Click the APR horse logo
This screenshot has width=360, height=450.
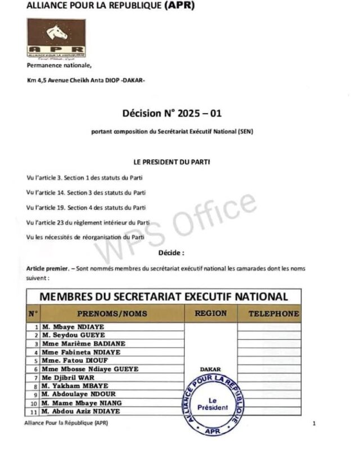click(56, 38)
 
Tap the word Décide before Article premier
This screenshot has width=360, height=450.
click(172, 253)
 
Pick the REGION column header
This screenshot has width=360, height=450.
click(210, 313)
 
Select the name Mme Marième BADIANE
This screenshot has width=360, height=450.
click(79, 344)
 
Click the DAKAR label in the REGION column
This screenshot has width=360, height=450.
click(210, 370)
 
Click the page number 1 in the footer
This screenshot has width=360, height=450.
click(314, 423)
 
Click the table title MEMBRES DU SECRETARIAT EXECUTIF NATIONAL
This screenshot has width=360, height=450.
click(163, 296)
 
